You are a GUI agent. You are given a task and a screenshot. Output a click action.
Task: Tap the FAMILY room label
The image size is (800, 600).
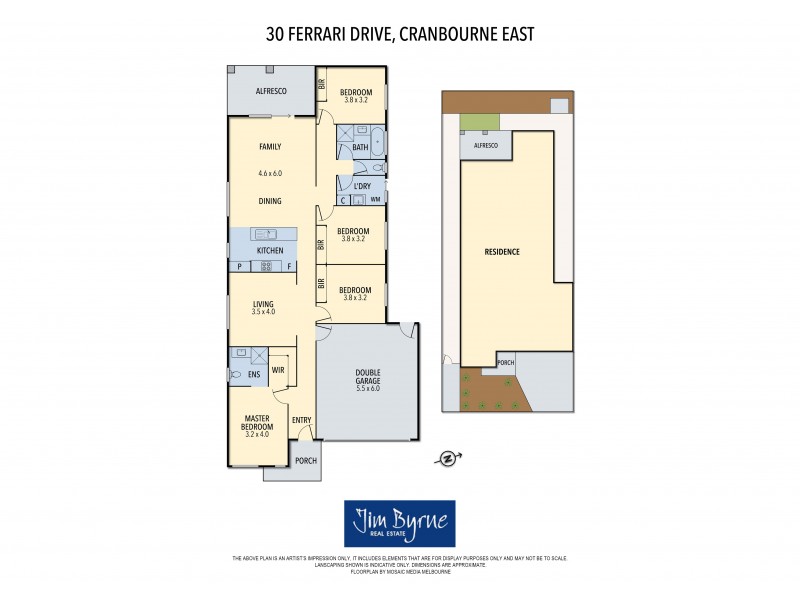[x=270, y=146]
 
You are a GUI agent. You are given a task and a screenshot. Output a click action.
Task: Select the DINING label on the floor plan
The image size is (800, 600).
[x=270, y=201]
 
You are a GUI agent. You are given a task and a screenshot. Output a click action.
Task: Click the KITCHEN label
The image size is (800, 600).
[x=270, y=250]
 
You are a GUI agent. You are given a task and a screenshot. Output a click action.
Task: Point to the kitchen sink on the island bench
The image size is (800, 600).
[x=270, y=234]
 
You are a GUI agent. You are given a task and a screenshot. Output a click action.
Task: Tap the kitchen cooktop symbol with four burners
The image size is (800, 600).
[x=267, y=266]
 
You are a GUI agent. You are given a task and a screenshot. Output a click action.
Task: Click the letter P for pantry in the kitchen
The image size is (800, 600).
[x=239, y=266]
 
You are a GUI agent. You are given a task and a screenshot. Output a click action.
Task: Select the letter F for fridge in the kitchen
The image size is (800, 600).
[x=290, y=266]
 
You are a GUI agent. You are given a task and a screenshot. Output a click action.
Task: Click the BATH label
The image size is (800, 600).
[x=360, y=148]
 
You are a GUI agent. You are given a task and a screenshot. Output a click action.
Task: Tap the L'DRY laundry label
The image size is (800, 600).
[x=362, y=186]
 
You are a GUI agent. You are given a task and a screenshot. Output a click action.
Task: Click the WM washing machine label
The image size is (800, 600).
[x=375, y=200]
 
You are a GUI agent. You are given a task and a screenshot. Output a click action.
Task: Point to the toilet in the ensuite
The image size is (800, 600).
[x=237, y=374]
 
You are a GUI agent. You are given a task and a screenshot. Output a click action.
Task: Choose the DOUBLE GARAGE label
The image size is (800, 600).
[x=367, y=382]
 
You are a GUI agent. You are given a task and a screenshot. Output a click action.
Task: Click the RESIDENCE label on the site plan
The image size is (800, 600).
[x=502, y=251]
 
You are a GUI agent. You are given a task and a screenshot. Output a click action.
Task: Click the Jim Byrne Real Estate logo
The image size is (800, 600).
[x=399, y=523]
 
